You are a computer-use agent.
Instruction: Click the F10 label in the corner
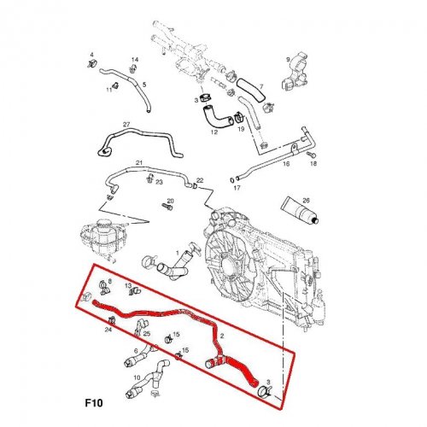coord(94,403)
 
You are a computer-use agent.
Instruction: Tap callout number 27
coord(126,125)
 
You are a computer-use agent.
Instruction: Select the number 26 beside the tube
coord(306,200)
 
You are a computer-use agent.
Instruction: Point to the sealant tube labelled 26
coord(300,210)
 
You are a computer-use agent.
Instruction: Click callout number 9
coord(288,60)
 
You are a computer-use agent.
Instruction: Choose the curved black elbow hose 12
coord(217,117)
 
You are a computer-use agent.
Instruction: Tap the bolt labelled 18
coord(311,155)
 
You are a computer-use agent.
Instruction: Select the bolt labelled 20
coord(167,207)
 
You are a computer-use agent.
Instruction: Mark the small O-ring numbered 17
coord(232,180)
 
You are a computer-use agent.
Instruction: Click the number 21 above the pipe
coord(139,163)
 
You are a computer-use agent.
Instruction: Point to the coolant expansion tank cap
coord(103,225)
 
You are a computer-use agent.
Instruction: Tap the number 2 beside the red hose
coord(222,336)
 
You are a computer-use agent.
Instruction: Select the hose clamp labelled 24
coord(112,320)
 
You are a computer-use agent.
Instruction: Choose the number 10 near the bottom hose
coord(137,377)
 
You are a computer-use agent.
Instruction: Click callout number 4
coord(91,55)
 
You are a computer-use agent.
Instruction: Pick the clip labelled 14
coord(132,68)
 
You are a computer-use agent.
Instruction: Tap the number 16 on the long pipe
coord(286,164)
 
